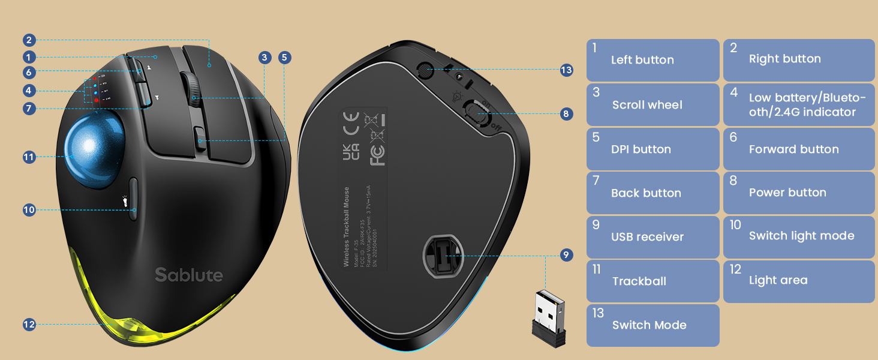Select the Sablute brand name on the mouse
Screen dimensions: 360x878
(x=189, y=275)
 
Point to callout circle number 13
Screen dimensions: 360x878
(x=566, y=70)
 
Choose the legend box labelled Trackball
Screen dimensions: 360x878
(x=653, y=281)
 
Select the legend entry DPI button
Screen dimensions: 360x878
(x=653, y=149)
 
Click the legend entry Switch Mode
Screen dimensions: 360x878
(x=653, y=325)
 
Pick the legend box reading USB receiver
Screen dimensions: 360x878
(x=653, y=237)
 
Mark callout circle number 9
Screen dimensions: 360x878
(x=566, y=254)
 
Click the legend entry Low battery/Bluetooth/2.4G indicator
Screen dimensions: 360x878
(x=799, y=105)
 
